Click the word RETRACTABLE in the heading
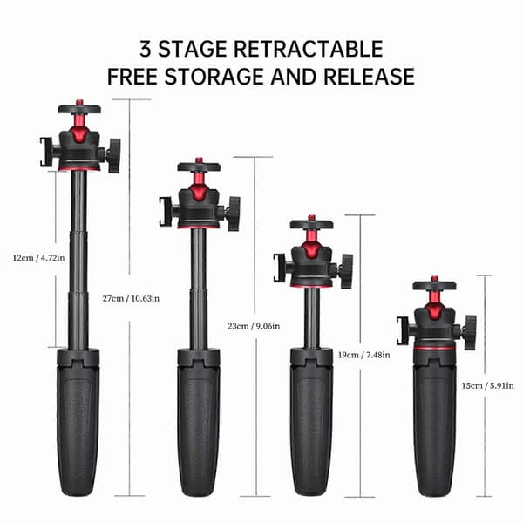click(309, 49)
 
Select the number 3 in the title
click(146, 49)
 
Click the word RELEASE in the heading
click(369, 77)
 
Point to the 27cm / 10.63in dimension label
click(131, 298)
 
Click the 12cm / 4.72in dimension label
click(38, 258)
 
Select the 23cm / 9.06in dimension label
click(254, 326)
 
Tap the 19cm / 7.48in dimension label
click(363, 355)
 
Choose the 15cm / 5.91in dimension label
click(487, 385)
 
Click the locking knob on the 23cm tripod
click(234, 214)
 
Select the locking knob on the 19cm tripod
click(347, 271)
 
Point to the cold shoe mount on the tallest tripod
click(45, 152)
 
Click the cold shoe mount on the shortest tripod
click(402, 330)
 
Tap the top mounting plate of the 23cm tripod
click(199, 166)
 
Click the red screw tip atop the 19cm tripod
click(311, 217)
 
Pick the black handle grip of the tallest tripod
click(78, 422)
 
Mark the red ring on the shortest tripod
click(434, 348)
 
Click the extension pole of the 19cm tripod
click(311, 318)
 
